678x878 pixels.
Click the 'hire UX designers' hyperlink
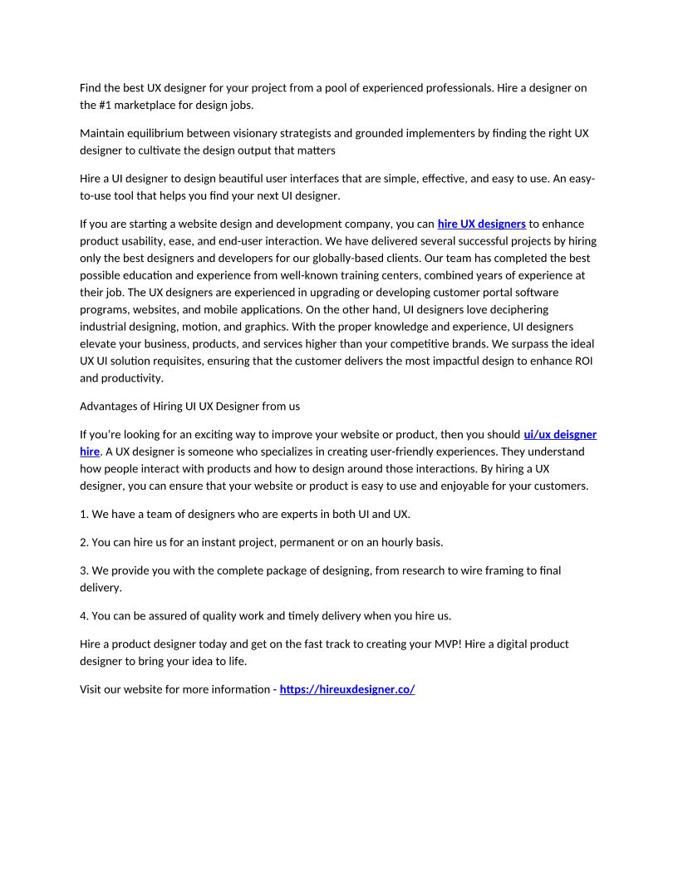tap(481, 224)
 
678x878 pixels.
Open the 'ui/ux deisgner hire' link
tap(559, 434)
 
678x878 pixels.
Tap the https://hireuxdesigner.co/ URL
tap(346, 689)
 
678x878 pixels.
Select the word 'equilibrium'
tap(163, 132)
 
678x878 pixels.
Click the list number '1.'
tap(84, 514)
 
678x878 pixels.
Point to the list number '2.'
tap(84, 542)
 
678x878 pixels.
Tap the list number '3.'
tap(84, 570)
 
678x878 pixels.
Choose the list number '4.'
tap(84, 616)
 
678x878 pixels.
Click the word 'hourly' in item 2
tap(395, 542)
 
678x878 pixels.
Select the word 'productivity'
tap(133, 377)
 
